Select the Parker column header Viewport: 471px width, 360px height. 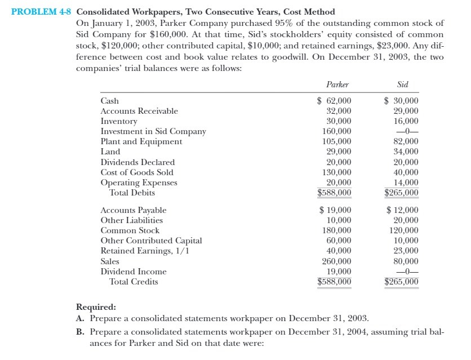pos(337,85)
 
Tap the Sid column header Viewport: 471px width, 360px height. pos(402,85)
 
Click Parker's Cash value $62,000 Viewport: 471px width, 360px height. pos(335,101)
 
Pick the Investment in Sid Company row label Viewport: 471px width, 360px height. pos(153,131)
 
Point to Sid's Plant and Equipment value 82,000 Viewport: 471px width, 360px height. pos(406,141)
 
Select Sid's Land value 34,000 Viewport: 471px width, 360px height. pos(406,152)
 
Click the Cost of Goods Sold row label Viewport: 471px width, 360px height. pos(137,172)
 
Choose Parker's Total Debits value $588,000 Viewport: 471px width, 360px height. pos(335,193)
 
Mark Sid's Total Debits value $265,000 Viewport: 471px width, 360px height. pos(401,193)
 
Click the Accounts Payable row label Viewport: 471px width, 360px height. pos(134,210)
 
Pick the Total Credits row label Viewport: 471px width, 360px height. pos(134,282)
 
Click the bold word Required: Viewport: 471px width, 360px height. pos(96,307)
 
